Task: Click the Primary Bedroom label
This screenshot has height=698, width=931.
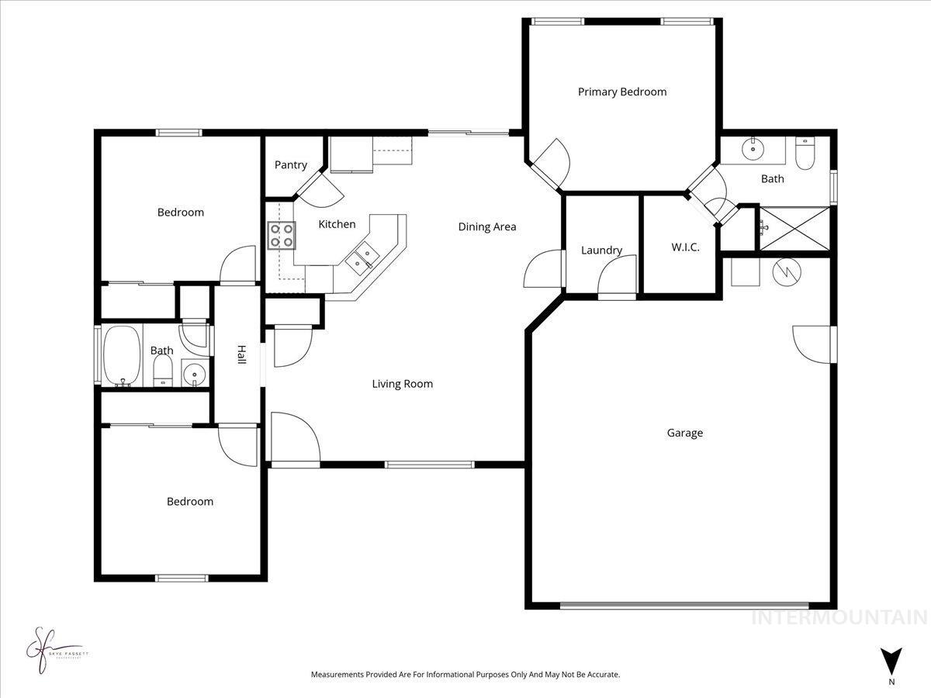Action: coord(621,92)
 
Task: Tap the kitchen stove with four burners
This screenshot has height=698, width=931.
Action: coord(281,235)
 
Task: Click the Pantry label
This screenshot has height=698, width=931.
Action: coord(291,164)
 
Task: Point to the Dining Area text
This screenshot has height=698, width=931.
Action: coord(486,226)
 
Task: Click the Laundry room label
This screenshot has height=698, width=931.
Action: coord(601,250)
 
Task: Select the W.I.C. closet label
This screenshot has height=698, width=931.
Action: coord(685,247)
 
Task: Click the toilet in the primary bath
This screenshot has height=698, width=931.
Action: coord(805,154)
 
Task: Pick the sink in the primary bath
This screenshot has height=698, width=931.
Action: coord(752,149)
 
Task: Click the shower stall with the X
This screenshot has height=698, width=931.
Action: coord(793,229)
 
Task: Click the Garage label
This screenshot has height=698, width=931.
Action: coord(684,433)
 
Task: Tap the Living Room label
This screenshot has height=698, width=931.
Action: coord(402,383)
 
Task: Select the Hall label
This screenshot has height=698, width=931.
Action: coord(241,354)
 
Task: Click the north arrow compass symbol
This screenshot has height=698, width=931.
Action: coord(891,662)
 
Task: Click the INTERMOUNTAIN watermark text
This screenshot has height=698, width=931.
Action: coord(839,618)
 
